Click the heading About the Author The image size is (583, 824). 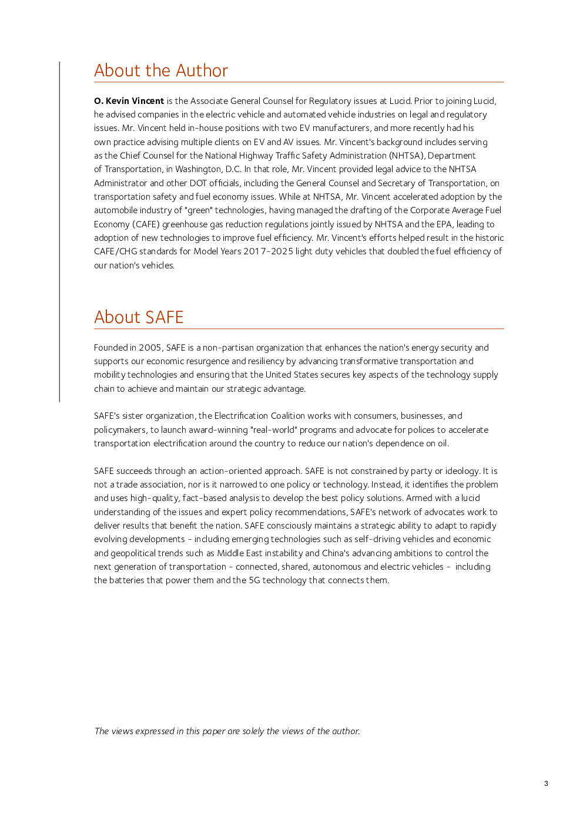tap(161, 71)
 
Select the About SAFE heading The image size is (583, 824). tap(139, 318)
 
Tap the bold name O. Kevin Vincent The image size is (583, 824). tap(129, 101)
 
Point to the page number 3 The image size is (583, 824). tap(546, 783)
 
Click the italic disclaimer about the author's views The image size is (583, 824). tap(227, 731)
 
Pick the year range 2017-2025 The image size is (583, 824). tap(268, 251)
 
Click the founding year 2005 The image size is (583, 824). tap(150, 348)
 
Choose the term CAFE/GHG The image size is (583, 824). tap(115, 251)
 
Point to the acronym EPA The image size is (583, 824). tap(444, 224)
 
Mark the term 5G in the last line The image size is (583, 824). tap(254, 580)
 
